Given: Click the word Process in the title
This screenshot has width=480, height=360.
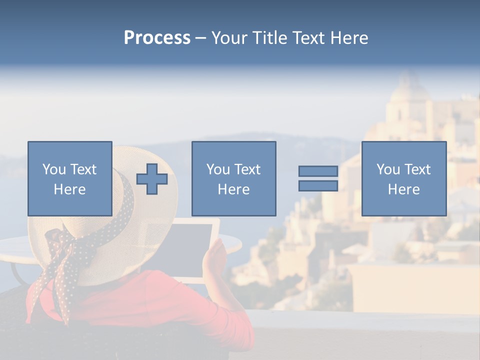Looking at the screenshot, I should pyautogui.click(x=157, y=38).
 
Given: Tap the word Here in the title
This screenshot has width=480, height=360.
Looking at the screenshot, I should pyautogui.click(x=349, y=38).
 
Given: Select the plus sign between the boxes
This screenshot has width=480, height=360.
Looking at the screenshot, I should pyautogui.click(x=152, y=178).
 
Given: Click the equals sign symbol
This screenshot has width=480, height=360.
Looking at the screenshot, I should pyautogui.click(x=318, y=178).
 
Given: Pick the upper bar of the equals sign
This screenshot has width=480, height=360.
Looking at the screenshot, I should pyautogui.click(x=318, y=171).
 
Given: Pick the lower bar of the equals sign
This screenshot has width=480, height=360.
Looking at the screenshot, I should pyautogui.click(x=318, y=185).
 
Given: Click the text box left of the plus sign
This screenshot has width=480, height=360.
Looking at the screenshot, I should pyautogui.click(x=69, y=178).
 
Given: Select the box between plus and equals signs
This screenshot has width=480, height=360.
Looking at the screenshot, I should pyautogui.click(x=233, y=178).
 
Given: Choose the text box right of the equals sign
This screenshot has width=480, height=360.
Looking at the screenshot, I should pyautogui.click(x=403, y=178).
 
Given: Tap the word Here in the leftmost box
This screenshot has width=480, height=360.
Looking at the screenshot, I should pyautogui.click(x=69, y=189).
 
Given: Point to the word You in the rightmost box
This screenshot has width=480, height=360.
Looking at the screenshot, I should pyautogui.click(x=388, y=169).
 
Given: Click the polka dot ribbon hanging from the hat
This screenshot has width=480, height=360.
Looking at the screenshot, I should pyautogui.click(x=62, y=270).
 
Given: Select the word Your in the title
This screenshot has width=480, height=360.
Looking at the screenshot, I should pyautogui.click(x=229, y=38).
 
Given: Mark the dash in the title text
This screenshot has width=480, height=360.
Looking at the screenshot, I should pyautogui.click(x=200, y=38).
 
